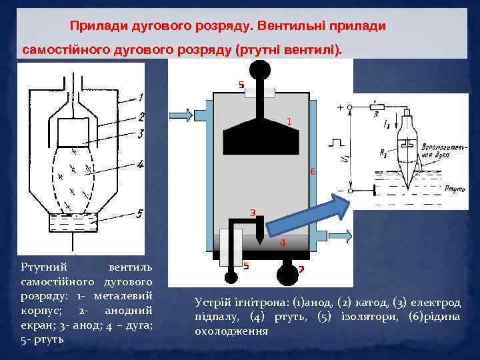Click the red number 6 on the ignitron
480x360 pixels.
coord(313,171)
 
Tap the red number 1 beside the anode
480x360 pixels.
coord(289,121)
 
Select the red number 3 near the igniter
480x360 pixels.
coord(253,213)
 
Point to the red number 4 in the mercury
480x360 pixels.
coord(283,243)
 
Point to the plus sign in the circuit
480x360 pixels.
coord(341,107)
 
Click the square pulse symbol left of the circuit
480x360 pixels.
coord(335,141)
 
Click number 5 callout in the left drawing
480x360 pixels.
coord(139,213)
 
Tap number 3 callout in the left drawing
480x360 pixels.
coord(140,134)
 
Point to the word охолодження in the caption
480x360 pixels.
coord(231,331)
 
